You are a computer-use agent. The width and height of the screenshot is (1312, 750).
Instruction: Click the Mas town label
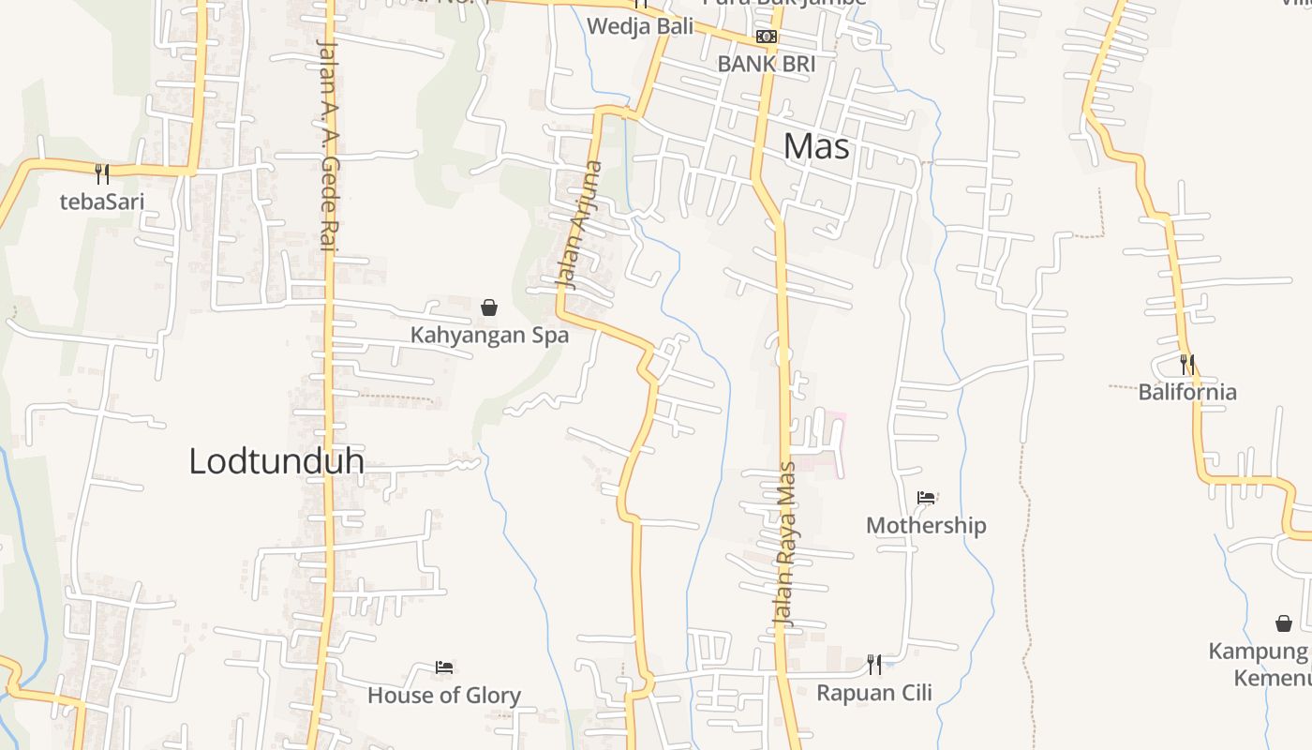click(x=816, y=146)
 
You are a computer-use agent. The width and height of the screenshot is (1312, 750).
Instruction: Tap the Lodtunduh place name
click(x=276, y=460)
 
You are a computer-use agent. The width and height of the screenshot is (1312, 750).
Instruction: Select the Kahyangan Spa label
click(x=489, y=335)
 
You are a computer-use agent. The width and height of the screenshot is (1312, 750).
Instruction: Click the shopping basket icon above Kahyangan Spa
click(x=489, y=307)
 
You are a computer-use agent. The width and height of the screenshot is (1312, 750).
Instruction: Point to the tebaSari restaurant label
click(x=102, y=201)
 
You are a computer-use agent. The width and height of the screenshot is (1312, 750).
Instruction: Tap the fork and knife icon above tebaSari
click(x=102, y=173)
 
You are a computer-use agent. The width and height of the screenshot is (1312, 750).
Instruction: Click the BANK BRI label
click(x=766, y=64)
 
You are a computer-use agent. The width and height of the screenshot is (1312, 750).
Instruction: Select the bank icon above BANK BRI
click(x=767, y=37)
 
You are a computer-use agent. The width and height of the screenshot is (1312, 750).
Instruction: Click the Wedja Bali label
click(x=640, y=26)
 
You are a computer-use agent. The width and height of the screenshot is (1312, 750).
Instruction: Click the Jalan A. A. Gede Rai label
click(x=327, y=145)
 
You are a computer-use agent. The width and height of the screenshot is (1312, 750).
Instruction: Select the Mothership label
click(x=926, y=525)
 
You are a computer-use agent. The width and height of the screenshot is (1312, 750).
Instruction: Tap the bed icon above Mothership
click(x=926, y=497)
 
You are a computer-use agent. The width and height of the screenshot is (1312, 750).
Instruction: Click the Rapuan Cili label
click(x=874, y=693)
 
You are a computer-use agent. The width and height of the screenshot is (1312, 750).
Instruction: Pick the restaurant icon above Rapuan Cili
click(x=874, y=665)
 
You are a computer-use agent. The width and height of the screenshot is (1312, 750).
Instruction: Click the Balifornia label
click(x=1187, y=392)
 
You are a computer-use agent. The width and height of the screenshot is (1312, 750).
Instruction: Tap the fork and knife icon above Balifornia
click(x=1187, y=364)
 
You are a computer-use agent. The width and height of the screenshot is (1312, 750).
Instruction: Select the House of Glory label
click(x=444, y=696)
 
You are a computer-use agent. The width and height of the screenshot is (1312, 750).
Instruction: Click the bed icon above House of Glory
click(x=444, y=667)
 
